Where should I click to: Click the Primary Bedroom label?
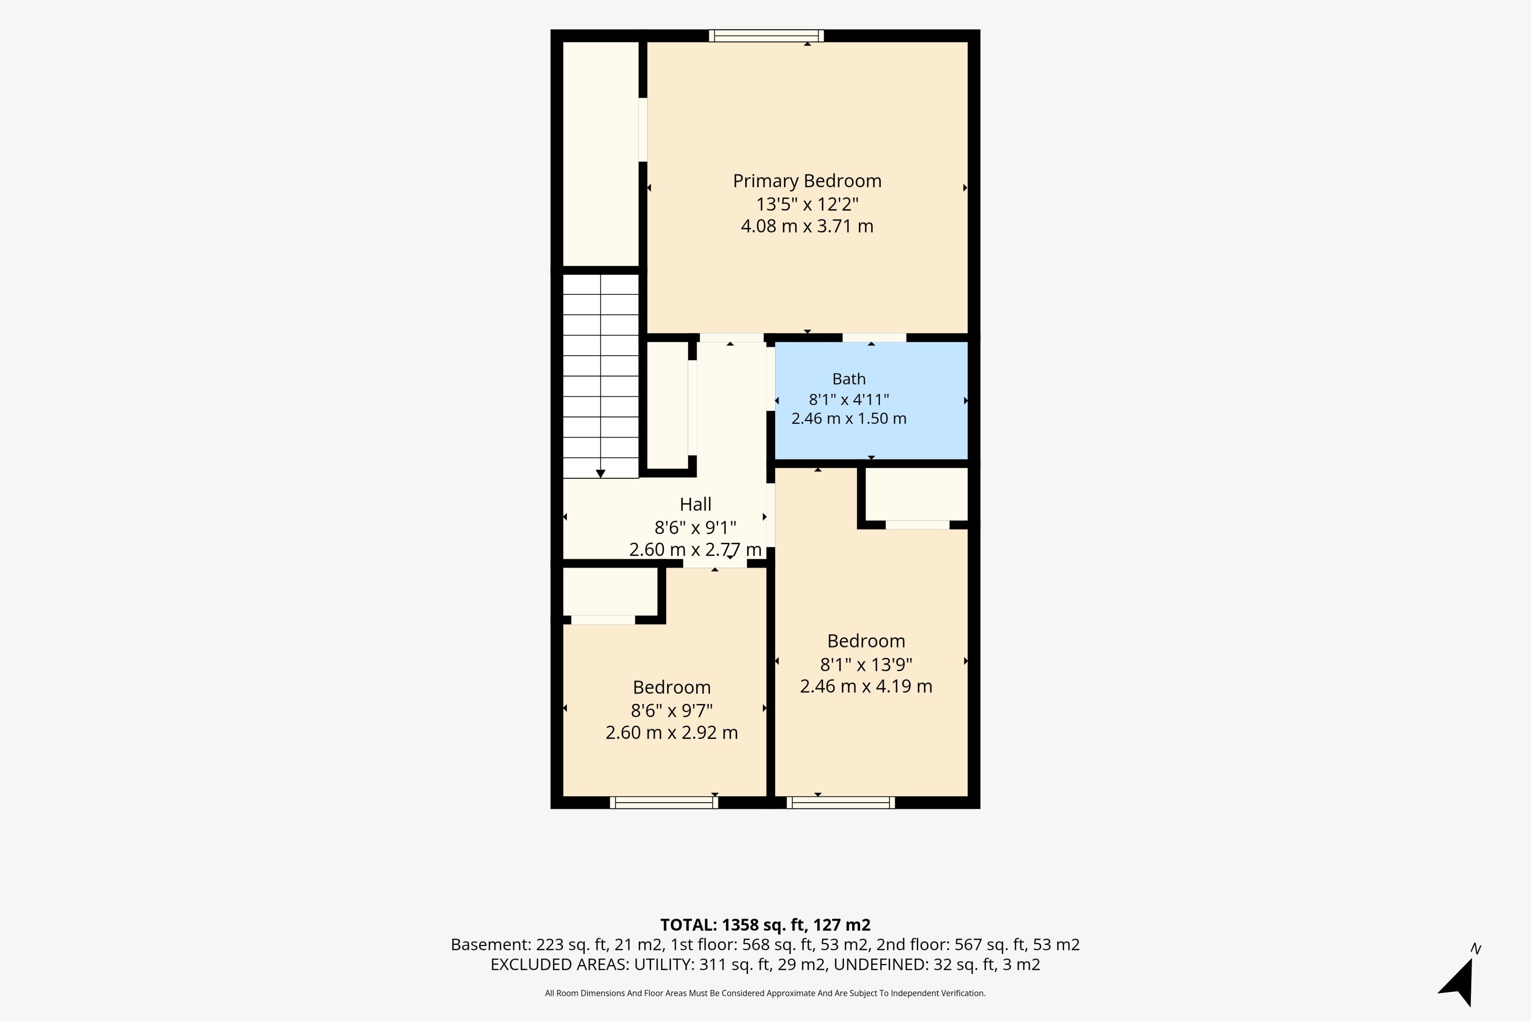[807, 181]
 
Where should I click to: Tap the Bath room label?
[849, 379]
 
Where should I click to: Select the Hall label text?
[695, 504]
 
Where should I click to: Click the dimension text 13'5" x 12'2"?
[807, 205]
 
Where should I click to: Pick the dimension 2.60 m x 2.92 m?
[672, 733]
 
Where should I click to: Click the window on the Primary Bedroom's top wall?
[766, 36]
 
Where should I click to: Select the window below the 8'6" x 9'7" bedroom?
[664, 802]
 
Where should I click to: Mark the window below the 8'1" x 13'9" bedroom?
[840, 802]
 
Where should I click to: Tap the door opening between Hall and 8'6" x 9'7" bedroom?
[715, 563]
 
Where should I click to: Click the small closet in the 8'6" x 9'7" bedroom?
[610, 591]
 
